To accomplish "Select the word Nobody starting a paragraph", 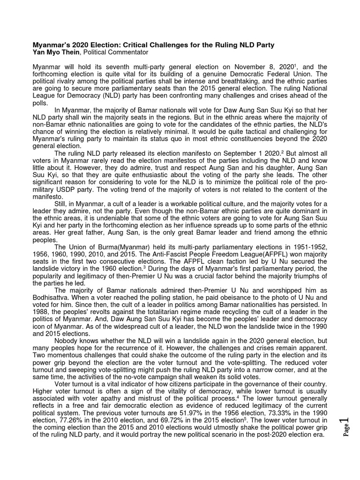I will tap(67, 341).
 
